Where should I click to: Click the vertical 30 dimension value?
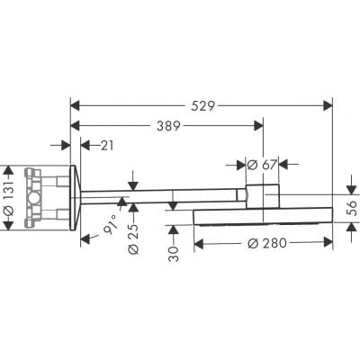point(175,247)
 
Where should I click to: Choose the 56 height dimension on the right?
point(352,205)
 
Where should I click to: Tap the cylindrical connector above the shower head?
point(263,193)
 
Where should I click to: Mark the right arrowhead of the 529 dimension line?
point(327,104)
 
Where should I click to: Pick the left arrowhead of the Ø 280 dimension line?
point(199,242)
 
